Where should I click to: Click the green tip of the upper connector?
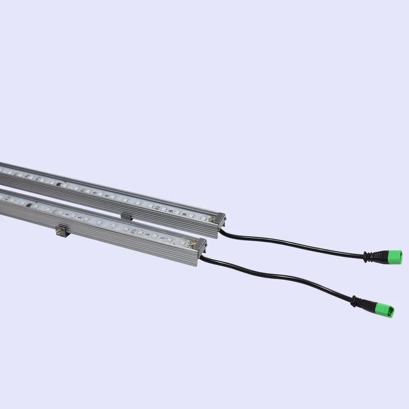click(x=394, y=256)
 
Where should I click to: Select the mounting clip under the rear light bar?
click(x=126, y=216)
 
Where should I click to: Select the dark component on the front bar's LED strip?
click(x=29, y=206)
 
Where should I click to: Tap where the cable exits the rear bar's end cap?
click(x=221, y=230)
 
